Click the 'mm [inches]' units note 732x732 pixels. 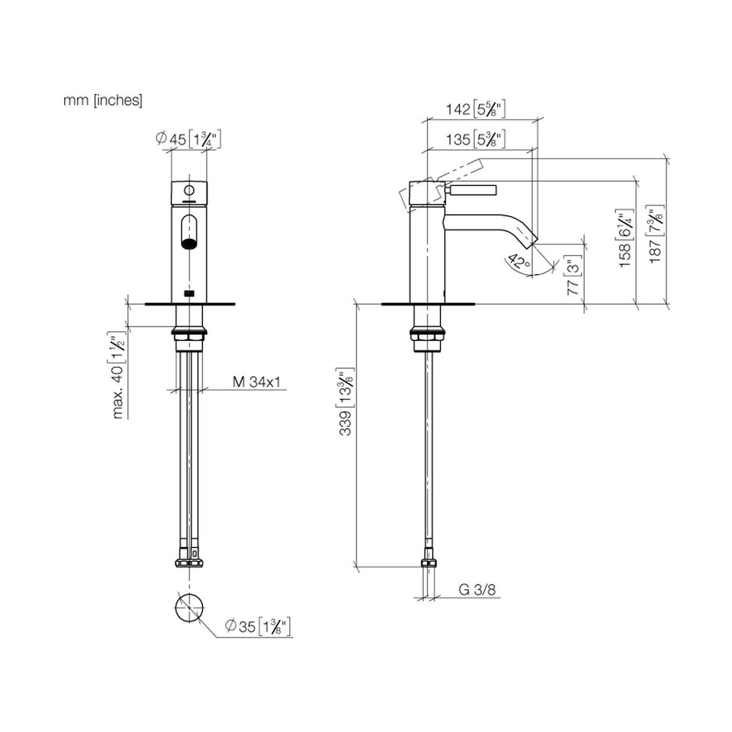coord(102,101)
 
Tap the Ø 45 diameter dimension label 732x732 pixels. coord(188,139)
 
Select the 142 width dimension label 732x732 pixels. coord(475,109)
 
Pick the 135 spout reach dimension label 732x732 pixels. coord(475,139)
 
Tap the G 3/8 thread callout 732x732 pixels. coord(477,589)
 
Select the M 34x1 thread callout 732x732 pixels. coord(256,382)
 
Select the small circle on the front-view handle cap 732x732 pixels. coord(188,190)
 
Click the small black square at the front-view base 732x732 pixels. coord(188,293)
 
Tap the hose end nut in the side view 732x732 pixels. coord(428,563)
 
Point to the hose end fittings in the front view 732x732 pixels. coord(188,562)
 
